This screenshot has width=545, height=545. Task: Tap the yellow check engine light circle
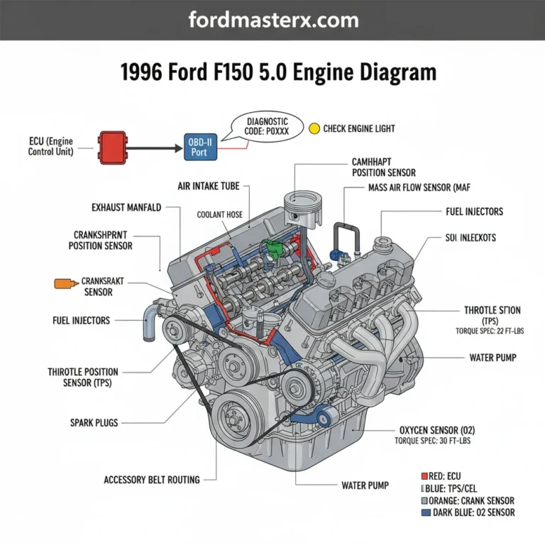pyautogui.click(x=315, y=129)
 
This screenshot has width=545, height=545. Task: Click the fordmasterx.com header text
pyautogui.click(x=272, y=19)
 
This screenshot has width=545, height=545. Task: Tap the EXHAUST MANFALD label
pyautogui.click(x=126, y=208)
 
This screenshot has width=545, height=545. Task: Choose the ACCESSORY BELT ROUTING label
pyautogui.click(x=151, y=479)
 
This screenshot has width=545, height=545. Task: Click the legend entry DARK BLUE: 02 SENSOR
pyautogui.click(x=467, y=512)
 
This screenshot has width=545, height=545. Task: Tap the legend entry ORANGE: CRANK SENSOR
pyautogui.click(x=471, y=500)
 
